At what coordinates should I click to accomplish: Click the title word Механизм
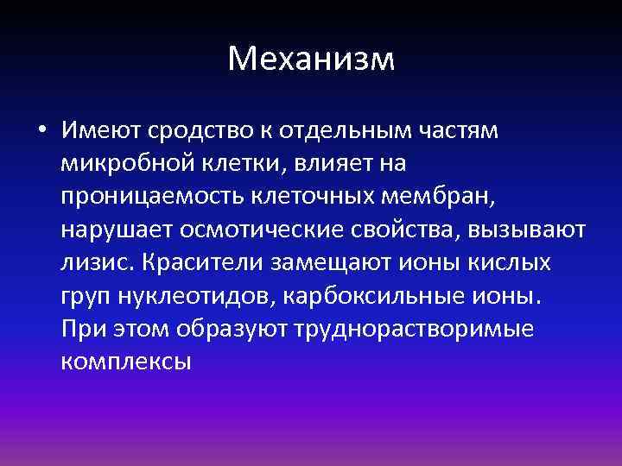[x=311, y=60]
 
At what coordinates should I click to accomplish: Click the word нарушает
[x=117, y=230]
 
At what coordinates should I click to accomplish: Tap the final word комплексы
[x=126, y=362]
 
